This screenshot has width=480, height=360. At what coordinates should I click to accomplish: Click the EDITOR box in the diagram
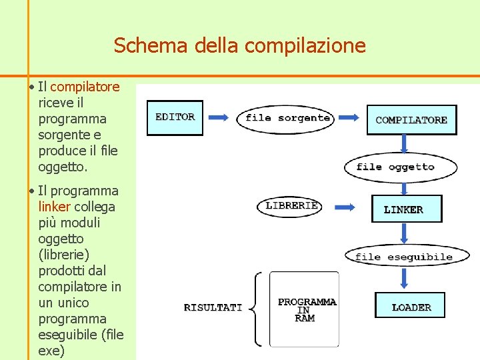click(175, 117)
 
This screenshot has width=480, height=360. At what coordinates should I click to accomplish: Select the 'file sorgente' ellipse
click(287, 118)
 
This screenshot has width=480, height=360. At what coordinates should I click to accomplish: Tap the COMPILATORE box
click(411, 120)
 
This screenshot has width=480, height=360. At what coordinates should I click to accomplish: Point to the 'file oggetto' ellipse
click(401, 167)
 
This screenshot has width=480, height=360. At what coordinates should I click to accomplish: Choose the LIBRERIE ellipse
click(290, 206)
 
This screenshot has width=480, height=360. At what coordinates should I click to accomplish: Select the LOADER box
click(411, 307)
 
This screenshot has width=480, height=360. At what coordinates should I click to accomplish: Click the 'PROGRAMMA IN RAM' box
click(305, 309)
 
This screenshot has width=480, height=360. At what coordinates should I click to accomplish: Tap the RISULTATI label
click(213, 307)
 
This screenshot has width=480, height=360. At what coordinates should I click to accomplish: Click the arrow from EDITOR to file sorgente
click(219, 118)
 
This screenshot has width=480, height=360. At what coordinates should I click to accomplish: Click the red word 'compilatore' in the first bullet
click(85, 87)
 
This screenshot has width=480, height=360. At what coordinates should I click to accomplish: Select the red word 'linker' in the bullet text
click(54, 207)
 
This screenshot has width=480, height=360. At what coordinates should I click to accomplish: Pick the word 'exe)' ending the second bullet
click(51, 351)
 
